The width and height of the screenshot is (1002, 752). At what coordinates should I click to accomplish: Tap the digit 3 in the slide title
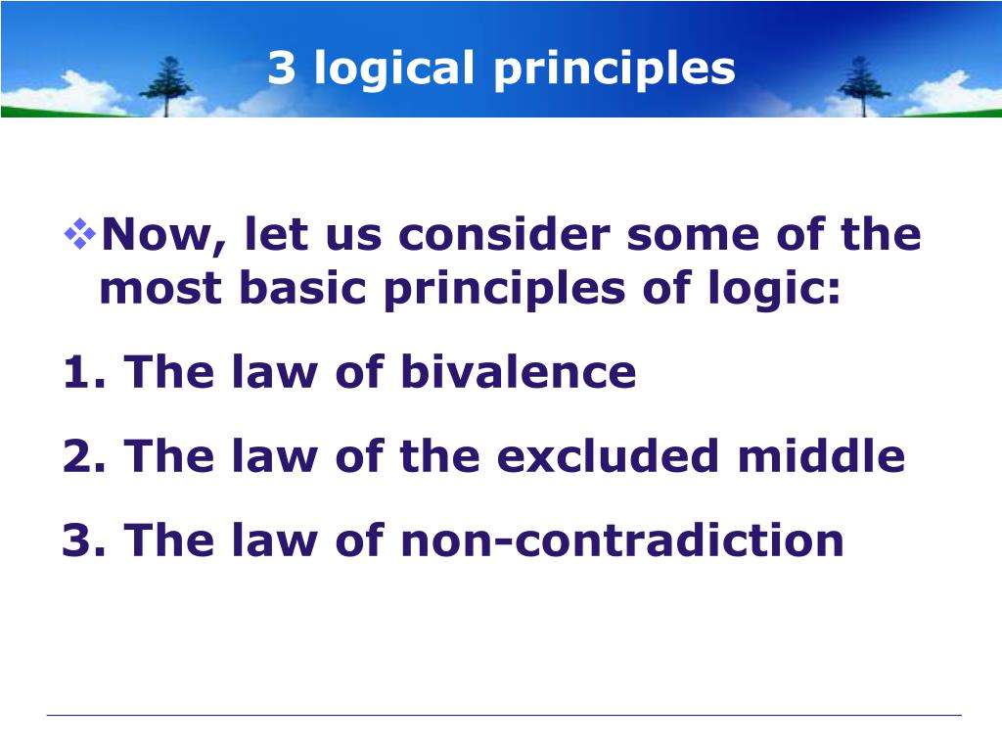[281, 68]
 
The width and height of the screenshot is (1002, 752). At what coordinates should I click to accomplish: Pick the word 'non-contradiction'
[622, 540]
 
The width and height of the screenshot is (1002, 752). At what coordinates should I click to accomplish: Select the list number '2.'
[85, 457]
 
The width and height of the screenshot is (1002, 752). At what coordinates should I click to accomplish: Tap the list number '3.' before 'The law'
[85, 540]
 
